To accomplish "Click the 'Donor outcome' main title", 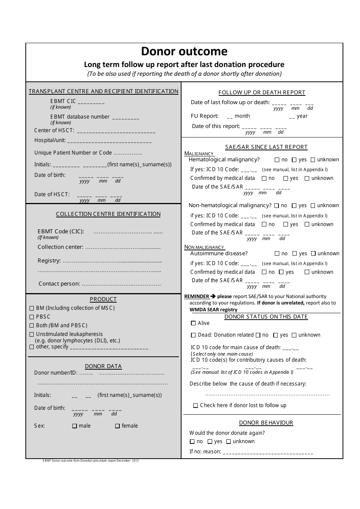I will point(184,52).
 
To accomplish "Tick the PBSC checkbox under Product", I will point(32,317).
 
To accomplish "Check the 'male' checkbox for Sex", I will point(75,426).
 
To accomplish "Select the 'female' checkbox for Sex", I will point(117,426).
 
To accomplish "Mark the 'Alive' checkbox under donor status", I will point(194,323).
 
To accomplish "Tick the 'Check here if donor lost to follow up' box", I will point(196,406).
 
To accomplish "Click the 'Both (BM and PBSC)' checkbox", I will point(32,326).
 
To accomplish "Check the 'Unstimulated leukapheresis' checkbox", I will point(32,334).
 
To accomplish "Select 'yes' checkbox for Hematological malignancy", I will point(294,160).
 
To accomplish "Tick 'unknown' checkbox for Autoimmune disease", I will point(313,254).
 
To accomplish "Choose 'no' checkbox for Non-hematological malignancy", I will point(277,206).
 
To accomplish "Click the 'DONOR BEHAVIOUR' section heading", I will point(266,423).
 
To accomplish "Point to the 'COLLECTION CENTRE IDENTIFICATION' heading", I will point(108,214).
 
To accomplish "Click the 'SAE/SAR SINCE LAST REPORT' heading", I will point(266,147).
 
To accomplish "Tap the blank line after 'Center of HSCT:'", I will point(116,132).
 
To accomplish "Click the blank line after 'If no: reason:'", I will point(268,453).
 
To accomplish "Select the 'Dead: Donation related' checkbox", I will point(194,335).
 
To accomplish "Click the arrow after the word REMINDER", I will point(213,297).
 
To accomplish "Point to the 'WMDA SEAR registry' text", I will point(213,309).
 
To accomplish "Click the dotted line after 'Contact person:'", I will point(121,284).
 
